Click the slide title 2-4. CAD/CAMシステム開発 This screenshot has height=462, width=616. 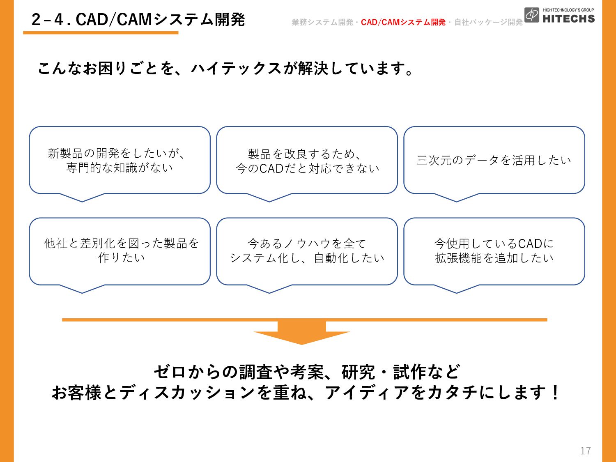pos(138,20)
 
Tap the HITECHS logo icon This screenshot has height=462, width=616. pos(531,15)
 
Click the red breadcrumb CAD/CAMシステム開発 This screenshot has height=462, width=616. pos(403,22)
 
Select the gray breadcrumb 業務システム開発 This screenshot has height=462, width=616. pos(322,22)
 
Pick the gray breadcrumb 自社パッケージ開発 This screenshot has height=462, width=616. pos(488,22)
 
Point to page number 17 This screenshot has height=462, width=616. pos(586,451)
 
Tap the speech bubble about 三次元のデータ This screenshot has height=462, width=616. pos(494,164)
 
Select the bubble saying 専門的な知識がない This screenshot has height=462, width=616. pos(120,164)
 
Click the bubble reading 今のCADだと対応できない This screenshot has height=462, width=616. pos(307,164)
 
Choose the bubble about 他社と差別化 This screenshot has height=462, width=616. pos(120,255)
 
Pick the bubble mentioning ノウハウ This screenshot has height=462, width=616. pos(307,255)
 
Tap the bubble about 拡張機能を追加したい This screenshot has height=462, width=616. pos(494,255)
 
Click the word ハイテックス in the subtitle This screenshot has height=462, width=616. pos(236,69)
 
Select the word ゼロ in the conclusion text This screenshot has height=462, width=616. pos(169,372)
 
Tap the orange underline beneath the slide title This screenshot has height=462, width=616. pos(101,33)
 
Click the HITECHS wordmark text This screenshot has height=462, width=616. pos(569,19)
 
